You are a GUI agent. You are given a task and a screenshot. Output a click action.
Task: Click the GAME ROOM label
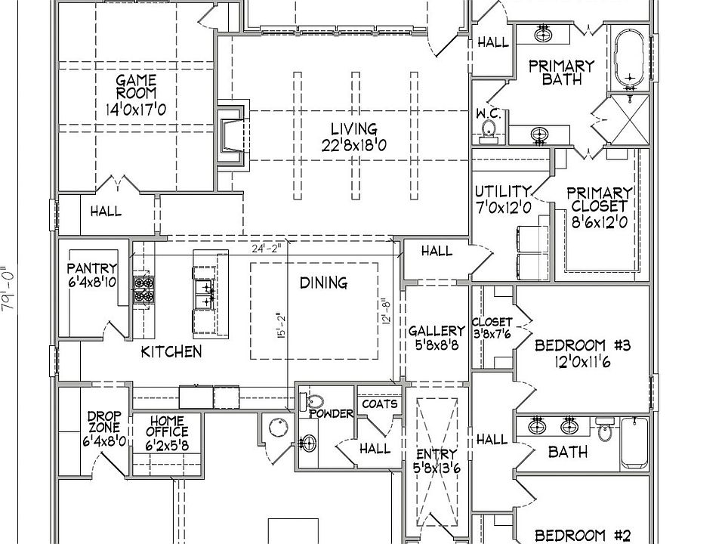pos(136,86)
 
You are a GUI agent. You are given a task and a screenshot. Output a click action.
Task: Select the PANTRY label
pos(92,268)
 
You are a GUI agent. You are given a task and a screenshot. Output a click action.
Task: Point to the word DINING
pos(324,283)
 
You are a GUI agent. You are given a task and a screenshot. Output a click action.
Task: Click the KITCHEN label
pos(171,352)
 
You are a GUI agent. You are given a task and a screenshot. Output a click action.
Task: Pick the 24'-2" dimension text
pos(267,249)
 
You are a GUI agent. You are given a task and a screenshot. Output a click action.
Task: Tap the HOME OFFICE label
pos(167,426)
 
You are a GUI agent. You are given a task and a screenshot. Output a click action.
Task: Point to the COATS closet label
pos(380,404)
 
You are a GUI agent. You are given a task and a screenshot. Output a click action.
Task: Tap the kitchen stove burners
pos(143,289)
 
